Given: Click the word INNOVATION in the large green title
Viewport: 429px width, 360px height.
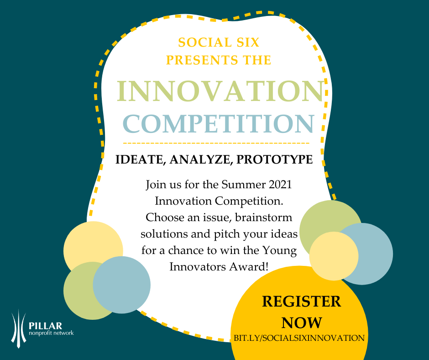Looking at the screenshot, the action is (220, 91).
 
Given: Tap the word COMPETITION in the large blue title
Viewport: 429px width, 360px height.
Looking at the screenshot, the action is (219, 123).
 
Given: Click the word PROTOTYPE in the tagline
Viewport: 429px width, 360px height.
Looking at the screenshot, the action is (274, 159).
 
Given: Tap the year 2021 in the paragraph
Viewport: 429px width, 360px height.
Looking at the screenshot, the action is (280, 185).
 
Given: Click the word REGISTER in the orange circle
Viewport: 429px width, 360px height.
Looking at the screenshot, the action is (302, 302).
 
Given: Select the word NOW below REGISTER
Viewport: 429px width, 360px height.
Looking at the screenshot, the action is (302, 323).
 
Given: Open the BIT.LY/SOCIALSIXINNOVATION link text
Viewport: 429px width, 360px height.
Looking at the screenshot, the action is (299, 338).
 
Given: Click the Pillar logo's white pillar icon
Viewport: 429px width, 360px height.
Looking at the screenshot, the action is (19, 328).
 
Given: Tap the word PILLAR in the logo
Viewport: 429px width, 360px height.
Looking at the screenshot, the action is (46, 326).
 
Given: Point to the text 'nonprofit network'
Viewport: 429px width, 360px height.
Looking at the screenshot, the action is (51, 333).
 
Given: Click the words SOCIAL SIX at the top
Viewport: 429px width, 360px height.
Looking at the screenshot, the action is (219, 42).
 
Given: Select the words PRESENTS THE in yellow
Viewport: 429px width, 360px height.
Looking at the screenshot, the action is (219, 60).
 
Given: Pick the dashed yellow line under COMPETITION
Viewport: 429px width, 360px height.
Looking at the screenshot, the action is (216, 143).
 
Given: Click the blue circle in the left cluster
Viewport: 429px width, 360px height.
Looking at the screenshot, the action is (122, 285).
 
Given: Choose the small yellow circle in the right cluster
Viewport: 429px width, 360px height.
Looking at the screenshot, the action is (334, 256).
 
